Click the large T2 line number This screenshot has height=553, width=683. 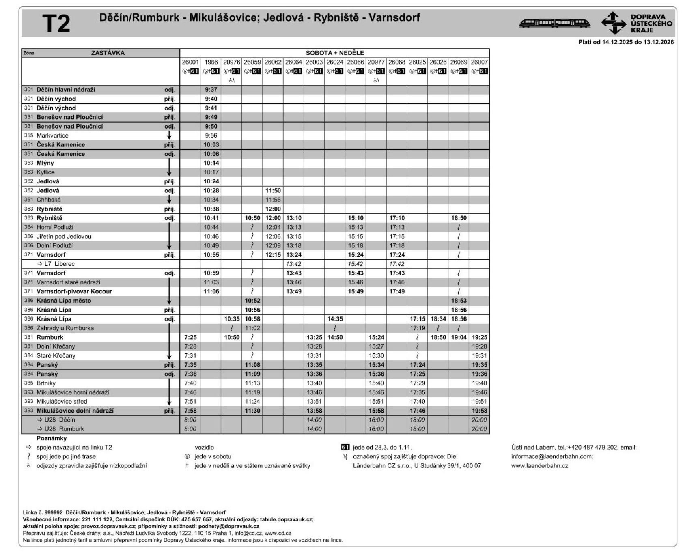point(56,24)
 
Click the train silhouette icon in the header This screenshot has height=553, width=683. point(554,23)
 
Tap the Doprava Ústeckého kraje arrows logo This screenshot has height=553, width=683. point(614,23)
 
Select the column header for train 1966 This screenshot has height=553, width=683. point(211,62)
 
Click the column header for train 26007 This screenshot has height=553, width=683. point(479,62)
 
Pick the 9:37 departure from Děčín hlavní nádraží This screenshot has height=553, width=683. point(211,90)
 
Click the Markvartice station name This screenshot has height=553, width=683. point(52,136)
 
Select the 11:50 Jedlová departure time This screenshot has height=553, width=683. point(273,191)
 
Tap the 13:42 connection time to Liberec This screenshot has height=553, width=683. point(293,264)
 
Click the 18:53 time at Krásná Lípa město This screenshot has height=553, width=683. point(459,301)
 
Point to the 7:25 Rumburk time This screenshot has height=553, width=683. point(190,338)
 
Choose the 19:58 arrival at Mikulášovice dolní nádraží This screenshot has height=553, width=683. point(479,411)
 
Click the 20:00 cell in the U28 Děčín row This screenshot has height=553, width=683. point(479,420)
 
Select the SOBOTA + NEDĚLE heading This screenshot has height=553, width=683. point(335,53)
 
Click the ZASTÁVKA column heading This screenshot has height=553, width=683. point(108,53)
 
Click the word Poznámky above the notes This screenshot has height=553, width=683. point(52,439)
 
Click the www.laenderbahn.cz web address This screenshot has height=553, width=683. point(539,466)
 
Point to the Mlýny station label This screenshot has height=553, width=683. point(45,163)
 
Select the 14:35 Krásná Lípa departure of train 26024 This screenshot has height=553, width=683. point(335,319)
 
